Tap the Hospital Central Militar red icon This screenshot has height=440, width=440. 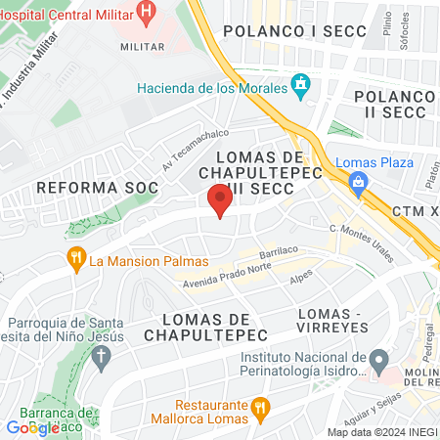click(x=147, y=12)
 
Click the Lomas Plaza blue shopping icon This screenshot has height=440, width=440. click(x=359, y=181)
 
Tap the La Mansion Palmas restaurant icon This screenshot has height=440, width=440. click(x=75, y=261)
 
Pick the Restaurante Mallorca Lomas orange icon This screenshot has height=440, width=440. click(x=259, y=407)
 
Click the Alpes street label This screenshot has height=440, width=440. click(x=301, y=277)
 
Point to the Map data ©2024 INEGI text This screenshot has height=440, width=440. click(x=380, y=432)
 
